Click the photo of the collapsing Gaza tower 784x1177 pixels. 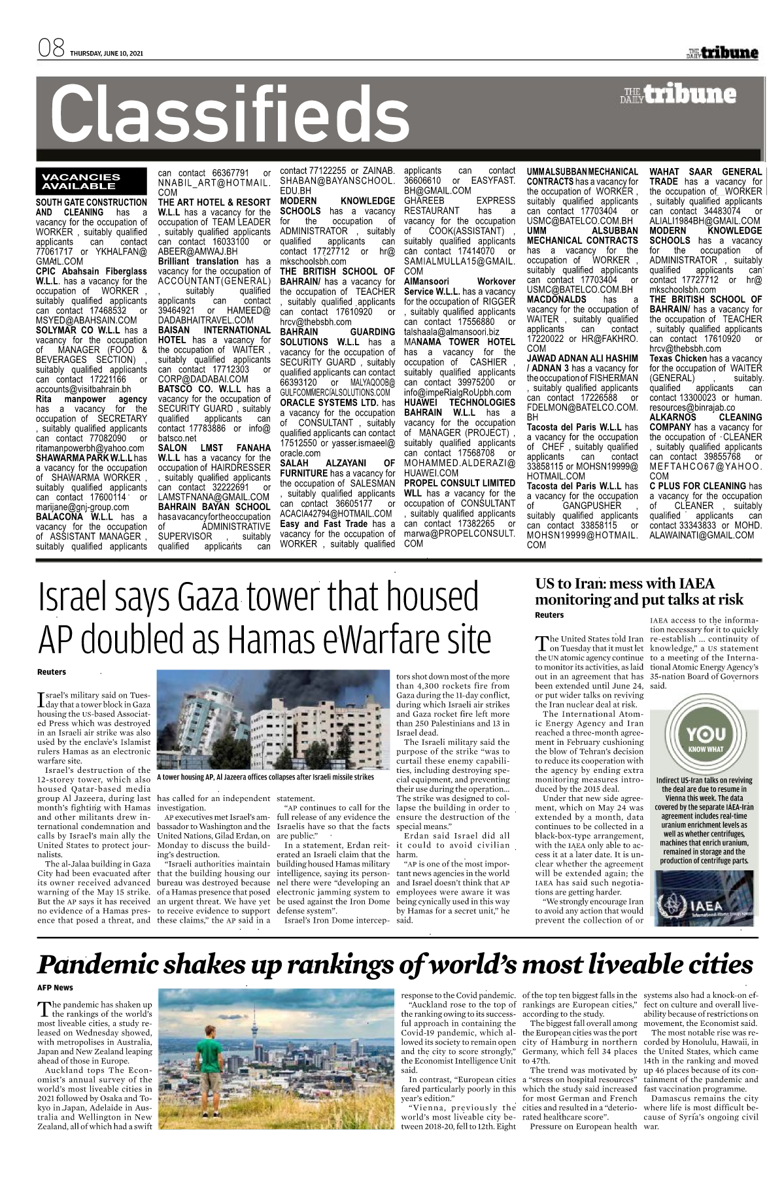click(x=275, y=720)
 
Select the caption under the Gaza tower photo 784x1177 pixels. click(x=265, y=777)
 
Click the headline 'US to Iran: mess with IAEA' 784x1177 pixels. click(x=624, y=583)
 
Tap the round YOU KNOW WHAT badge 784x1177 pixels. click(x=706, y=739)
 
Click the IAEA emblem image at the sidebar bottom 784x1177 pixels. click(x=706, y=899)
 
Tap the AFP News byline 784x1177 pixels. click(x=55, y=987)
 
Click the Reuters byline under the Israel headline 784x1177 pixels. click(x=51, y=672)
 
